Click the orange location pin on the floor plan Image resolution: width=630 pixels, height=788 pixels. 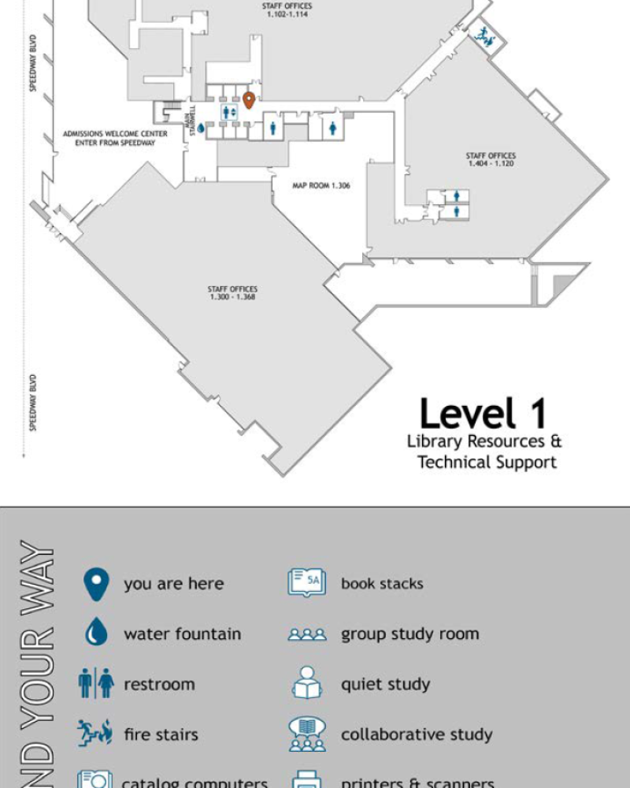pos(248,100)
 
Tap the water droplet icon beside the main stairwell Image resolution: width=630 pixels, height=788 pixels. pos(201,127)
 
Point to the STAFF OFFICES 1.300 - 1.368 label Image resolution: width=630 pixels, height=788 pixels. pos(232,292)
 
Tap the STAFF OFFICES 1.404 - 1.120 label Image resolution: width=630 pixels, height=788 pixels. pos(491,159)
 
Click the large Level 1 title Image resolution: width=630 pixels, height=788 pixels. pos(482,414)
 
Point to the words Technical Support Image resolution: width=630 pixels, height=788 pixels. pos(487,462)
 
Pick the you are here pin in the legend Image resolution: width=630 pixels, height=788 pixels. pos(95,584)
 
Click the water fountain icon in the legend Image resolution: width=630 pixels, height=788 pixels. pos(95,634)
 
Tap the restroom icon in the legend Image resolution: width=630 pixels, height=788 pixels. pos(95,684)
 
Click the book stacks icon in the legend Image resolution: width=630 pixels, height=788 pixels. pos(306,583)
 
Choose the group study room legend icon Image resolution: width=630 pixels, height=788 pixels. pos(306,634)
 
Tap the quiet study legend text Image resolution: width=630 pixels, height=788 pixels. pos(385,684)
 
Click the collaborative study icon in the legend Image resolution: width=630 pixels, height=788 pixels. pos(306,734)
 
